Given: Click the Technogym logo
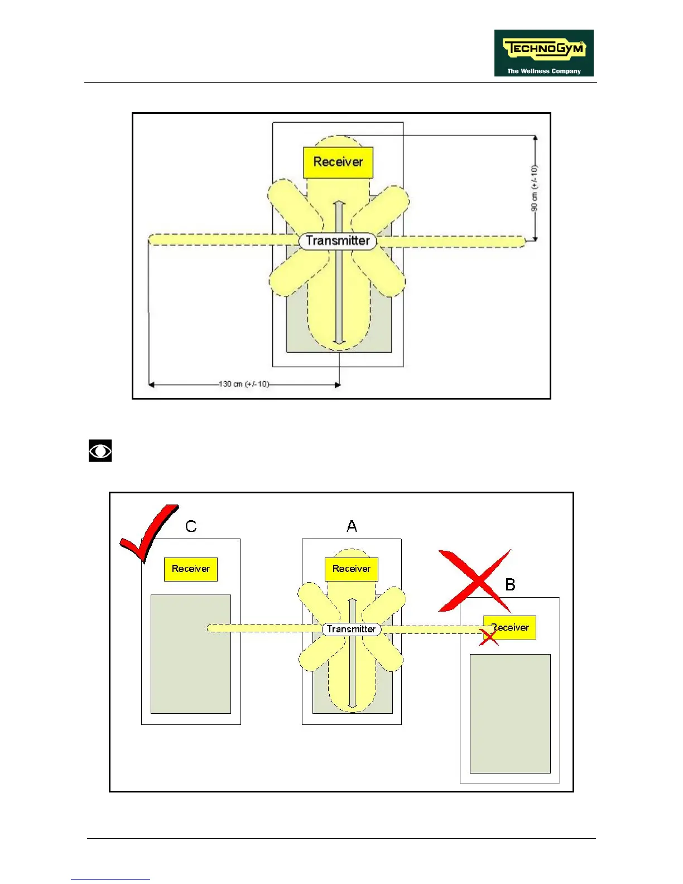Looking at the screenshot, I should tap(543, 52).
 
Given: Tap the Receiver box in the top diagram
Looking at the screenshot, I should tap(338, 162).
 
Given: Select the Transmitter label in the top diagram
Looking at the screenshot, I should tap(338, 241).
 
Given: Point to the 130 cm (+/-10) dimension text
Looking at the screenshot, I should tap(244, 384).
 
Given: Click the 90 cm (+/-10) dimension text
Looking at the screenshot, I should tap(535, 188).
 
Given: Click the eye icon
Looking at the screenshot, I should tap(100, 451).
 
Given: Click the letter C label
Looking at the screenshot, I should tap(191, 526).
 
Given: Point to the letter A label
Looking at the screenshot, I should tap(352, 526).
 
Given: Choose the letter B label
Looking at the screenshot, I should tap(510, 584).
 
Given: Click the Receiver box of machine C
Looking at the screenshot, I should tap(191, 569).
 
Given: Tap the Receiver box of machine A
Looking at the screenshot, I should tap(352, 569).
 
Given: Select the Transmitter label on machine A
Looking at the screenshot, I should tap(351, 629).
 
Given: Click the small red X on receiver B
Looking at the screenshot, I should tap(488, 637).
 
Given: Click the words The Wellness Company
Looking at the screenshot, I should tap(543, 71).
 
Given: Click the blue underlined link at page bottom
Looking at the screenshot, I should tap(110, 879).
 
